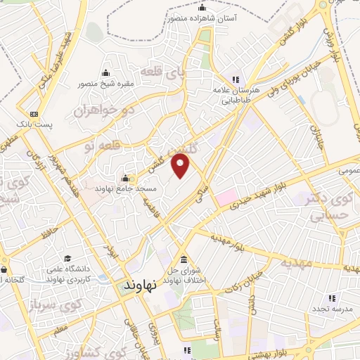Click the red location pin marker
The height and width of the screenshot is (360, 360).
click(181, 167)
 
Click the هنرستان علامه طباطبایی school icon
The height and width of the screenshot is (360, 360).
click(236, 79)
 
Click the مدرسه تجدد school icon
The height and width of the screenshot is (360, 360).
click(313, 307)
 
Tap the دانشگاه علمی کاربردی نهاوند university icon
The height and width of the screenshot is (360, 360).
click(67, 259)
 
